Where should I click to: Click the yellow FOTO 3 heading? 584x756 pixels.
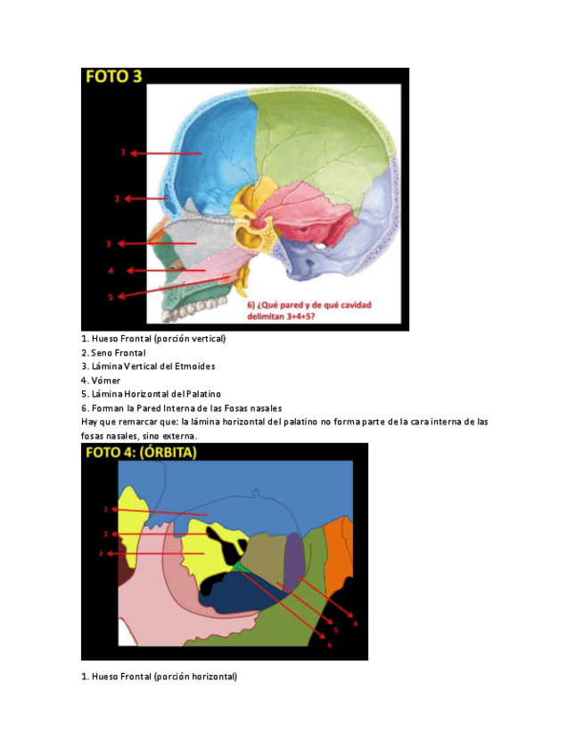pyautogui.click(x=113, y=77)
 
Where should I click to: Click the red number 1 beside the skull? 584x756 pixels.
pyautogui.click(x=124, y=152)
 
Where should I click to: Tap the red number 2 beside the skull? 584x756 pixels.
pyautogui.click(x=117, y=198)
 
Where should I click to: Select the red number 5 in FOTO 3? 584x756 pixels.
pyautogui.click(x=111, y=297)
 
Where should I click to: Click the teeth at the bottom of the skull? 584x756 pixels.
pyautogui.click(x=191, y=308)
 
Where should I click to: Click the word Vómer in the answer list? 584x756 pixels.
pyautogui.click(x=107, y=380)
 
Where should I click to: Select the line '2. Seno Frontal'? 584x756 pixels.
pyautogui.click(x=113, y=353)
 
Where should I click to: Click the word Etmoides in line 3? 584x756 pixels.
pyautogui.click(x=193, y=366)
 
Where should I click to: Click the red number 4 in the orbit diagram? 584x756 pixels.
pyautogui.click(x=354, y=623)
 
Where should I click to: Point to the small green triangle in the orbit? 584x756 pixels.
pyautogui.click(x=239, y=566)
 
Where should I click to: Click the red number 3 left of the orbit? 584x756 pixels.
pyautogui.click(x=101, y=554)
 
